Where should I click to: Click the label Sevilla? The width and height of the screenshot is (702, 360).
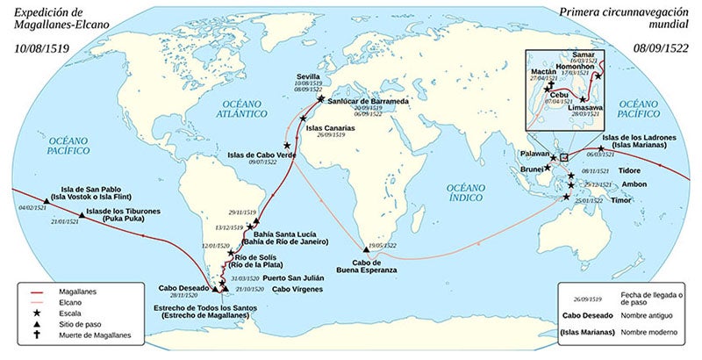tap(308, 77)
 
